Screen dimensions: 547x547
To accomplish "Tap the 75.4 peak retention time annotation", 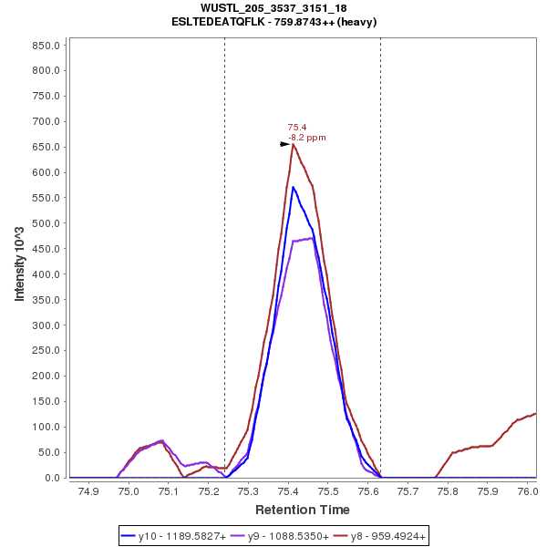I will point(296,128).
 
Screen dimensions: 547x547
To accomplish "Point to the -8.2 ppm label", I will point(306,138).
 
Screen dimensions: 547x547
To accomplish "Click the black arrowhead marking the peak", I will point(284,144).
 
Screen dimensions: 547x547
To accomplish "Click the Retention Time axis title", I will point(302,510).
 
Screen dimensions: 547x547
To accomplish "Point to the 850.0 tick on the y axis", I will point(45,45).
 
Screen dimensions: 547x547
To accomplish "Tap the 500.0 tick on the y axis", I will point(45,223).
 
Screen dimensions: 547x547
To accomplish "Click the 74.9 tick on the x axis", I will point(88,490).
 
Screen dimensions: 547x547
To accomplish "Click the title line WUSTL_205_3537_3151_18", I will point(273,8).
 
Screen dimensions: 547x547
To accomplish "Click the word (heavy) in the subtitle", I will point(355,21).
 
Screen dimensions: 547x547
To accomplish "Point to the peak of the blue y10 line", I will point(293,187).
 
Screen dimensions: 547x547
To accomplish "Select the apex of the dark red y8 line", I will point(294,144).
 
